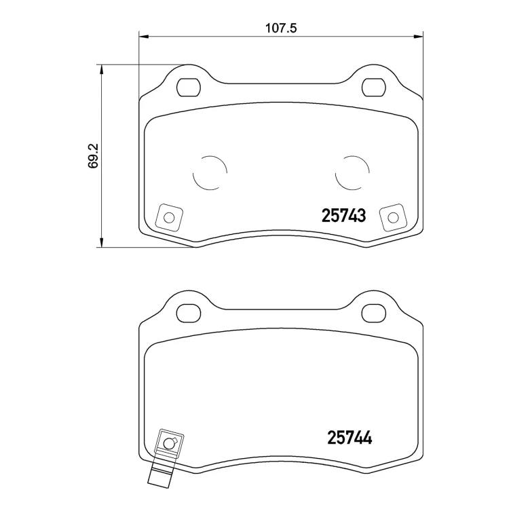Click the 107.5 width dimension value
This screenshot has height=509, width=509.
tap(281, 29)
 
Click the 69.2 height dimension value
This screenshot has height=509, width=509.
tap(93, 156)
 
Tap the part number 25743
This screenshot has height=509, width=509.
tap(343, 216)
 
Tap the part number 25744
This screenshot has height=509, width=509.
tap(350, 438)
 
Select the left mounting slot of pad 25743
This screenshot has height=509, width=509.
tap(189, 88)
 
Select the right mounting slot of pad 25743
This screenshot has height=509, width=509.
tap(374, 88)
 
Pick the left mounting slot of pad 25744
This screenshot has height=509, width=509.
tap(189, 314)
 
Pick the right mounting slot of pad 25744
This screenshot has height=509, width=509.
tap(374, 314)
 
